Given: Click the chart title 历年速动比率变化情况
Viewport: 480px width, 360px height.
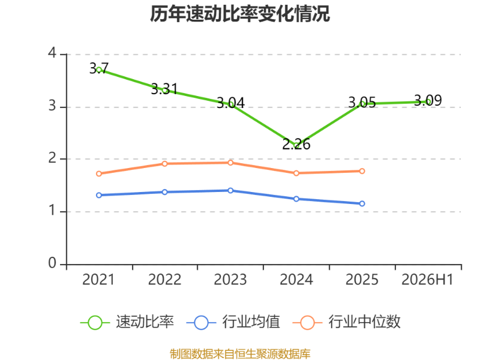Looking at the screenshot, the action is tap(239, 14).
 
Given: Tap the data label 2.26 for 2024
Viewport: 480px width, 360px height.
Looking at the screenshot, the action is tap(296, 144).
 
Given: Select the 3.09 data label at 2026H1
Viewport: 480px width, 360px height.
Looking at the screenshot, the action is tap(428, 100).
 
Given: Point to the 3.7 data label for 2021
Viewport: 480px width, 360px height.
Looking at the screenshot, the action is tap(99, 68).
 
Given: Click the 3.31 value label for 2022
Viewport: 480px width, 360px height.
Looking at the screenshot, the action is tap(164, 89).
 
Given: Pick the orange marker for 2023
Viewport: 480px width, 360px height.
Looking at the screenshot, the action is tap(230, 163).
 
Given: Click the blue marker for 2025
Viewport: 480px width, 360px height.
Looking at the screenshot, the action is tap(362, 203).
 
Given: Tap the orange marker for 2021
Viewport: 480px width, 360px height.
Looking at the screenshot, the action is tap(99, 173).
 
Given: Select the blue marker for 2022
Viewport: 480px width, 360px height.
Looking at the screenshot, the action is tap(164, 192).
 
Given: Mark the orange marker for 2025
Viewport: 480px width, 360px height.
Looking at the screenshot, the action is tap(362, 171).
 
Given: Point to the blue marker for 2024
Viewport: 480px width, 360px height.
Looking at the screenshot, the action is tap(296, 199).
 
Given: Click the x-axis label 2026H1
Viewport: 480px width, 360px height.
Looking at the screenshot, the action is tap(427, 280).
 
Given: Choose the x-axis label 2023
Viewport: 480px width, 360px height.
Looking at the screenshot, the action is tap(230, 280).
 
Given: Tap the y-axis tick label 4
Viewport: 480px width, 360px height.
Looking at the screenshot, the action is tap(52, 53).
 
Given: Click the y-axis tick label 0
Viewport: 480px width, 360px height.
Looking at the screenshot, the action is tap(52, 263).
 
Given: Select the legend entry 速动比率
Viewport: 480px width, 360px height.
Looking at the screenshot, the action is tap(127, 322).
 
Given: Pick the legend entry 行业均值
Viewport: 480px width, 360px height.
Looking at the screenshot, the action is tap(233, 322).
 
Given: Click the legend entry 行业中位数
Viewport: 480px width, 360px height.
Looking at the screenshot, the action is tap(347, 322).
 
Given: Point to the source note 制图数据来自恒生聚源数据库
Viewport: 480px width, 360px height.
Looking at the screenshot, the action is tap(240, 354).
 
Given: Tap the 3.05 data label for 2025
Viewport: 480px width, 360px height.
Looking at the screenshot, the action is tap(362, 102).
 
